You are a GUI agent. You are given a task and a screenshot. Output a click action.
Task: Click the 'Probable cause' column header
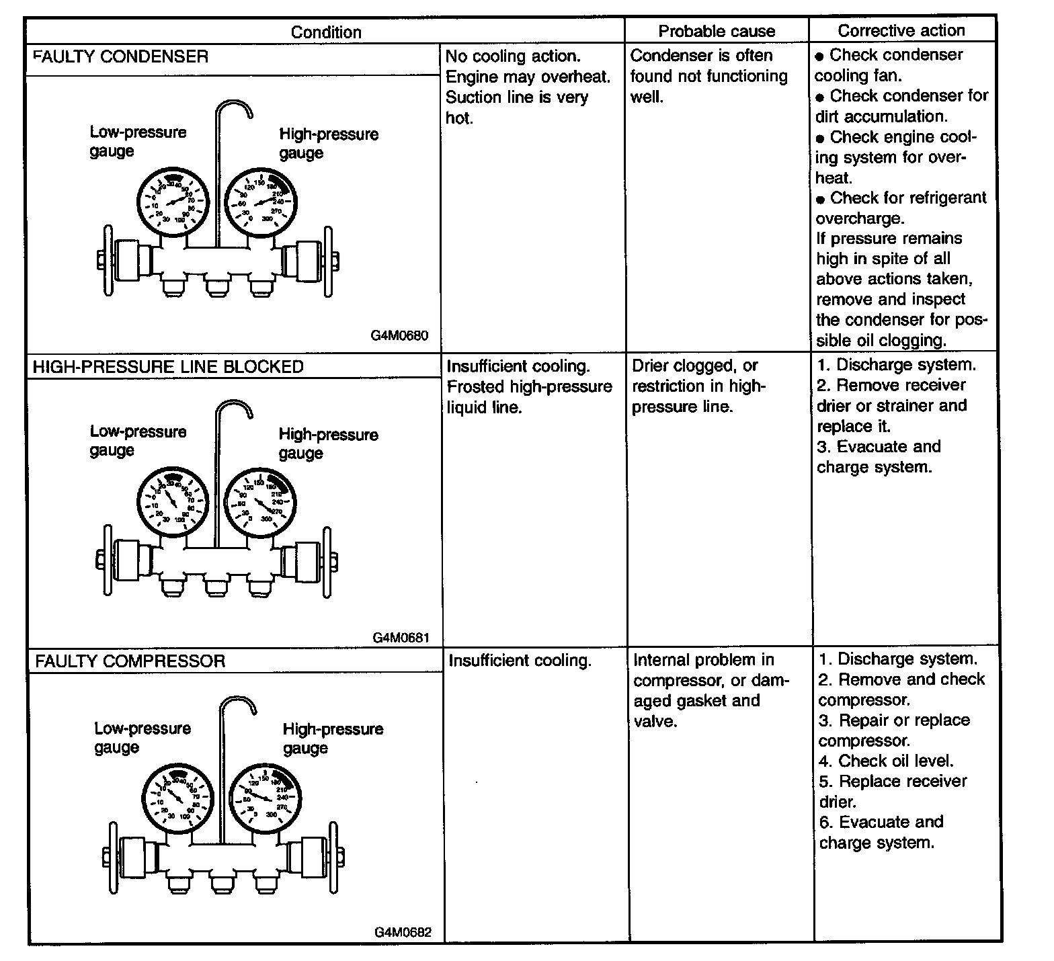[x=717, y=31]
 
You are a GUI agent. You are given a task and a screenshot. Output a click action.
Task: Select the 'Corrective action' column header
[x=901, y=30]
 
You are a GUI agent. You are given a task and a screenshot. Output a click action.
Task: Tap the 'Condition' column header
[x=326, y=32]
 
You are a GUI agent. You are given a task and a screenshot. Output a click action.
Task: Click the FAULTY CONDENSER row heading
[x=121, y=56]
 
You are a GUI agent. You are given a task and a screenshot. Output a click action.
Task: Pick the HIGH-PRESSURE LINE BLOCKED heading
[x=168, y=367]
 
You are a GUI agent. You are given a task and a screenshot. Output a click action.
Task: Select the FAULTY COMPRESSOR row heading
[x=130, y=661]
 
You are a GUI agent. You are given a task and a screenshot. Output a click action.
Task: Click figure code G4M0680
[x=399, y=335]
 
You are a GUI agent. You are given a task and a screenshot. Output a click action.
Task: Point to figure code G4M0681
[x=401, y=637]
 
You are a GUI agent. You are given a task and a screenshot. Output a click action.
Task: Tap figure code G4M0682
[x=403, y=932]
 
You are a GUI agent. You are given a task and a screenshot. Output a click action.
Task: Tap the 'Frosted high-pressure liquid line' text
[x=530, y=396]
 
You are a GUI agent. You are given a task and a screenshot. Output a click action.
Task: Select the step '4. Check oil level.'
[x=886, y=761]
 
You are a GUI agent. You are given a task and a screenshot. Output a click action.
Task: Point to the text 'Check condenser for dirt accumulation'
[x=901, y=106]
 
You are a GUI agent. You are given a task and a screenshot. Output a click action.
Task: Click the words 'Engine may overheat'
[x=528, y=77]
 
